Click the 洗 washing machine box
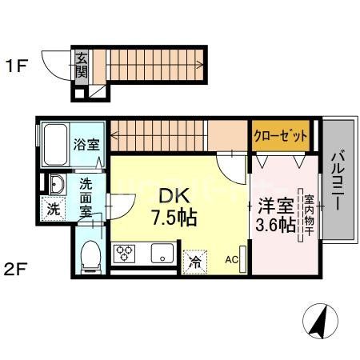click(x=51, y=212)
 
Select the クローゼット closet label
click(x=281, y=136)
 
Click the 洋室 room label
click(x=270, y=203)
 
